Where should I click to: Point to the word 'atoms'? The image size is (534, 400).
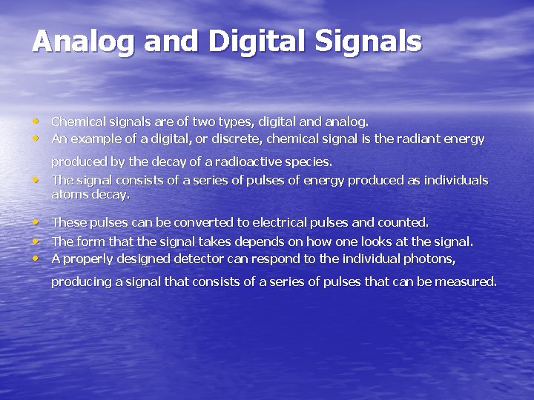tap(67, 195)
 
